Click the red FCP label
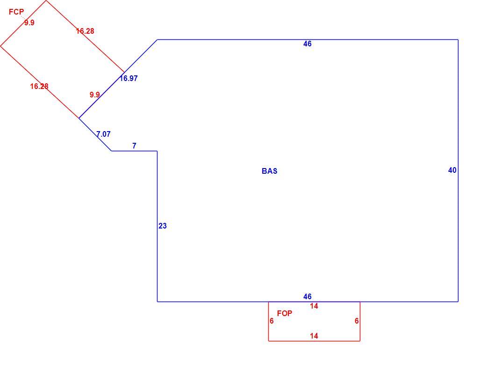point(16,12)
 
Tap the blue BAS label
point(269,171)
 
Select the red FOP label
point(285,313)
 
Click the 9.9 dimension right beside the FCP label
point(29,22)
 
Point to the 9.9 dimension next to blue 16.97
point(94,95)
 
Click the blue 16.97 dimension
point(129,78)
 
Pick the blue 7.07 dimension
point(103,134)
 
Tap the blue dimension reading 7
point(134,146)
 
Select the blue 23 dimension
point(163,226)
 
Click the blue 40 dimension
point(452,170)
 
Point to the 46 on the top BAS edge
point(307,44)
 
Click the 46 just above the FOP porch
point(307,296)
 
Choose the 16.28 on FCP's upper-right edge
point(85,31)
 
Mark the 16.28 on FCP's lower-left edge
point(39,86)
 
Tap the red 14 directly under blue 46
point(314,306)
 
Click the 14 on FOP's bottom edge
point(314,336)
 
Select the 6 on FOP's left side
point(272,321)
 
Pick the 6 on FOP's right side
point(357,321)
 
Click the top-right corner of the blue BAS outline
point(458,39)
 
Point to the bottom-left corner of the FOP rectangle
point(268,341)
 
